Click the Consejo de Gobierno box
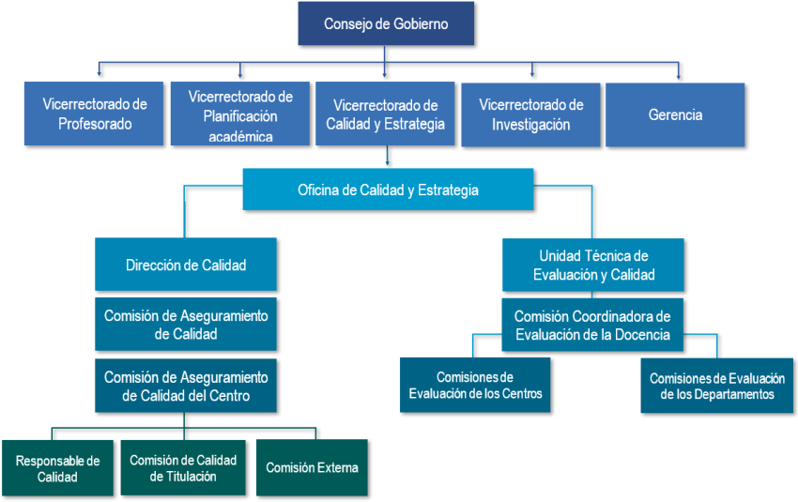386,23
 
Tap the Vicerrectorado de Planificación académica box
240,114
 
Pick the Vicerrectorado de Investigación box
530,114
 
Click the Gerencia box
675,114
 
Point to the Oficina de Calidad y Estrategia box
388,190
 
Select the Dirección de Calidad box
186,265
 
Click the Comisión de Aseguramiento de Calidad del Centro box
186,386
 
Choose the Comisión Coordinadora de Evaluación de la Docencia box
592,325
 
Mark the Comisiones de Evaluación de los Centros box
475,385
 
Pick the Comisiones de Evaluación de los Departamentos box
717,386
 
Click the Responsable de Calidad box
57,467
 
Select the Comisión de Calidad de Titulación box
183,467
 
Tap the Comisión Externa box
312,467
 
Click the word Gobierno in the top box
421,23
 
